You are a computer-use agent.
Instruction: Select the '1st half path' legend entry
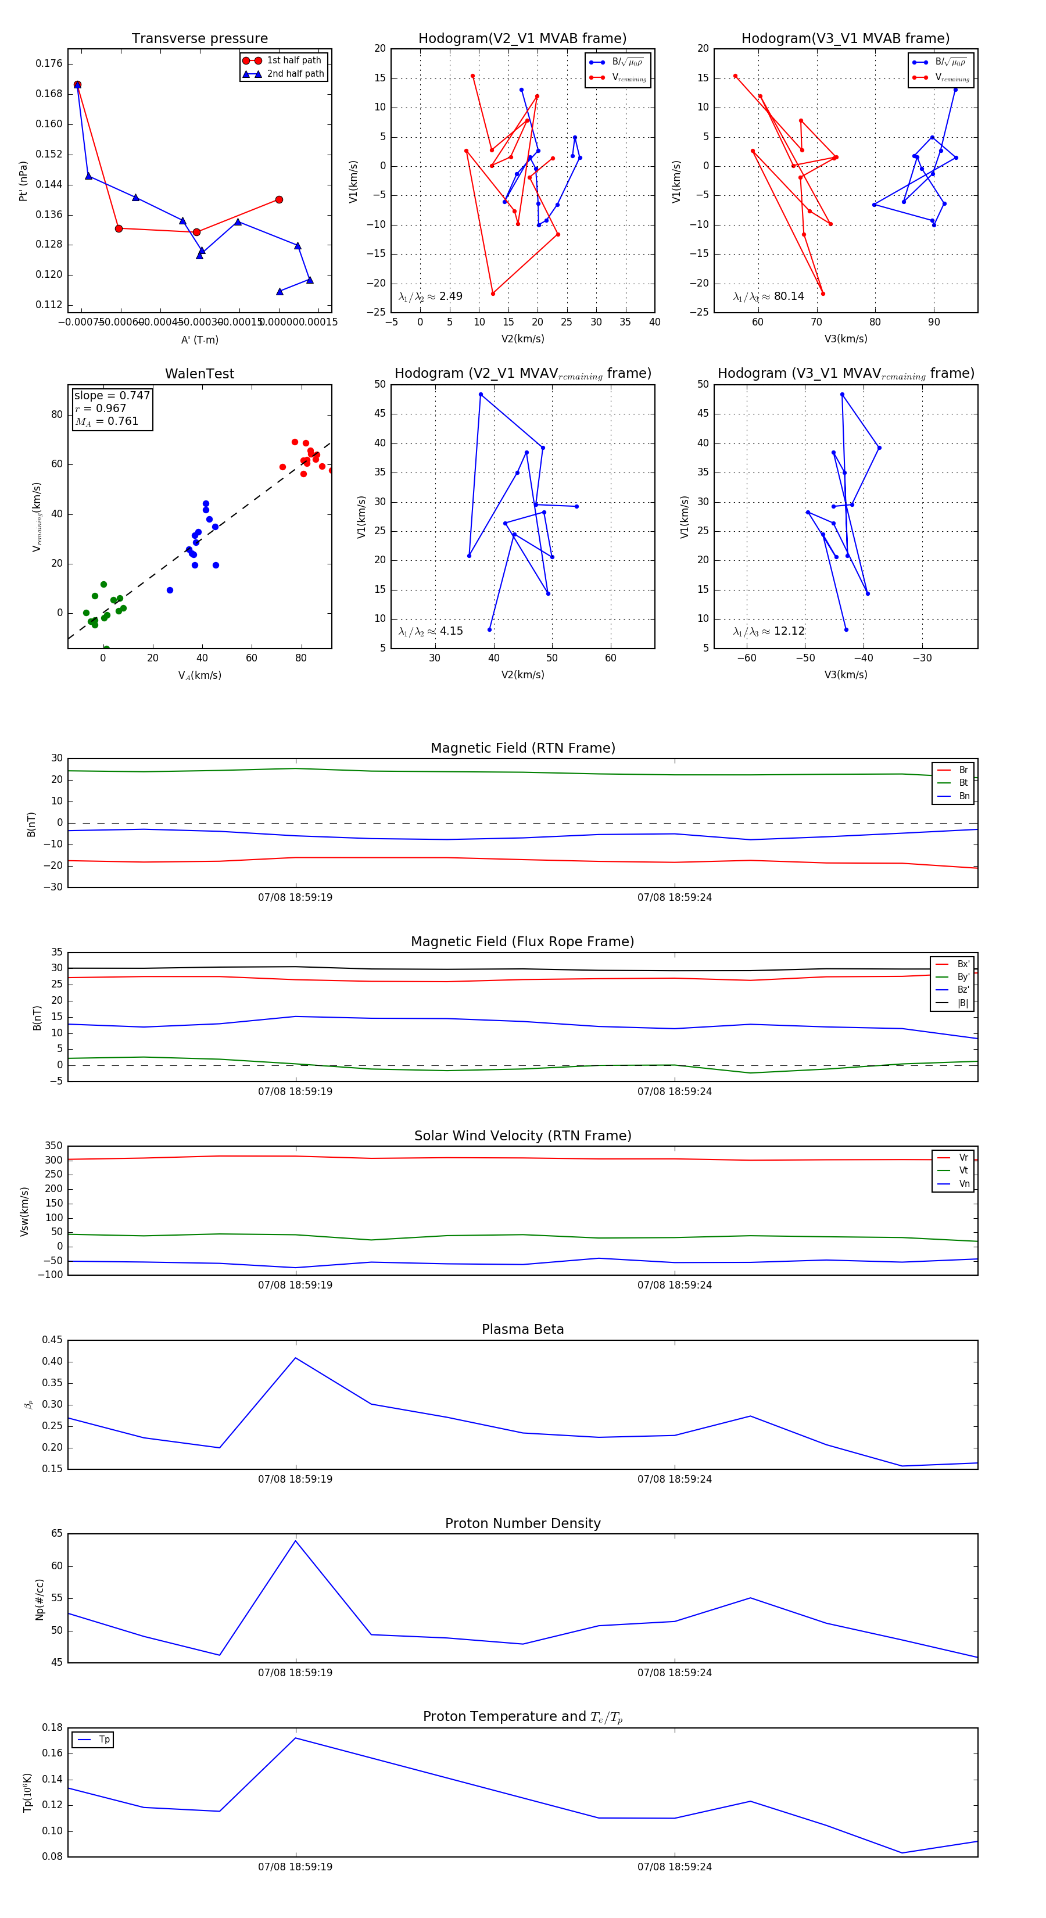click(x=293, y=60)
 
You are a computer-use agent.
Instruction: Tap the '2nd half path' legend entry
click(x=295, y=74)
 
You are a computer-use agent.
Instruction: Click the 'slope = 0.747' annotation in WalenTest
click(x=112, y=395)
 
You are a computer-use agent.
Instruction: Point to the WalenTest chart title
click(x=199, y=374)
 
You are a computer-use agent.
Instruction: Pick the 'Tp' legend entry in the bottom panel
click(x=103, y=1740)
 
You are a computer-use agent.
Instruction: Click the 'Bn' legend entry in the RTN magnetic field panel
click(x=963, y=796)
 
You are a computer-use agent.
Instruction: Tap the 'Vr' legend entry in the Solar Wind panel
click(x=963, y=1158)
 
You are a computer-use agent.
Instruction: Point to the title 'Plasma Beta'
click(x=522, y=1330)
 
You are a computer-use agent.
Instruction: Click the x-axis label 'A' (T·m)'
click(x=199, y=339)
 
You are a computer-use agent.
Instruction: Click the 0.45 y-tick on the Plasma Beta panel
click(x=52, y=1340)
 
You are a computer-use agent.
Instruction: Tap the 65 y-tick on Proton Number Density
click(x=56, y=1534)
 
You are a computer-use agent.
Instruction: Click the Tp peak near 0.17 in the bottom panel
click(x=296, y=1738)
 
